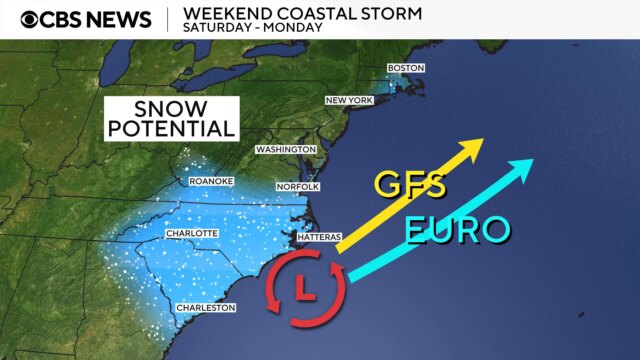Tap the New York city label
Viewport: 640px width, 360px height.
click(349, 101)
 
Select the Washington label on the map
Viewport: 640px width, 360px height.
click(285, 149)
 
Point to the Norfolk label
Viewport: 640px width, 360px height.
click(297, 187)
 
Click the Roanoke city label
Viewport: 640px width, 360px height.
click(210, 181)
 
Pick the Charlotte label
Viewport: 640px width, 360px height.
click(191, 233)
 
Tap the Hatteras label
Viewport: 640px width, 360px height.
click(321, 237)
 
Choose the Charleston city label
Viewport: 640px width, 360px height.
click(205, 308)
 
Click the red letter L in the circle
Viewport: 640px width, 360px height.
click(306, 289)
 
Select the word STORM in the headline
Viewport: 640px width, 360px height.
click(389, 13)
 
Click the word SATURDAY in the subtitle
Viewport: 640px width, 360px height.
click(213, 28)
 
